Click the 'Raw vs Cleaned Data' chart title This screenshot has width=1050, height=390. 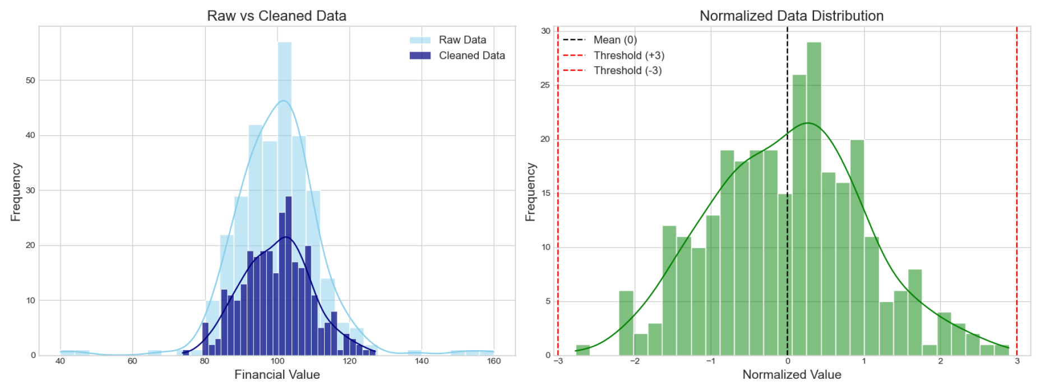[276, 16]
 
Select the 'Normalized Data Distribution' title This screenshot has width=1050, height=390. [791, 16]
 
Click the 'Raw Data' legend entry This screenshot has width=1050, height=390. [462, 40]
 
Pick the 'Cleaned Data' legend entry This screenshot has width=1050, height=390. [471, 56]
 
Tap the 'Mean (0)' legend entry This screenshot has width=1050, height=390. [614, 40]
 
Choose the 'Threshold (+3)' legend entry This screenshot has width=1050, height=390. [628, 56]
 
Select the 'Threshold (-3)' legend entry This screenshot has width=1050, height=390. [627, 71]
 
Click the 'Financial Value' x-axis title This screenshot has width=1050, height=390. [277, 374]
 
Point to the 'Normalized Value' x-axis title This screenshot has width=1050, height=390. [791, 374]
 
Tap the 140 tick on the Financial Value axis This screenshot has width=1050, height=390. [422, 361]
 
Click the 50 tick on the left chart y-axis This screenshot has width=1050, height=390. [30, 80]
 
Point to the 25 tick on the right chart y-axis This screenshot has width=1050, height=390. [545, 85]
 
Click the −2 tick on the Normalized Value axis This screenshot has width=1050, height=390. [634, 361]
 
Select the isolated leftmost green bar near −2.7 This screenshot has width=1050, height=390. [583, 350]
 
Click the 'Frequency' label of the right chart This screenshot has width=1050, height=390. [530, 192]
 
